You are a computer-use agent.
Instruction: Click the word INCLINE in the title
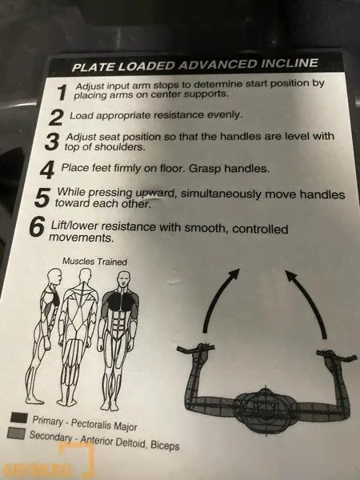click(289, 63)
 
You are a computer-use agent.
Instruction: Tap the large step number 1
click(62, 92)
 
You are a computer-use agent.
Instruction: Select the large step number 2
click(56, 118)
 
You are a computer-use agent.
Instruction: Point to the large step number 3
click(51, 142)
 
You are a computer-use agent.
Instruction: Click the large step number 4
click(47, 170)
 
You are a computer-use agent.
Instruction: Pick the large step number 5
click(42, 198)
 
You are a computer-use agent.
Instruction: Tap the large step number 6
click(37, 227)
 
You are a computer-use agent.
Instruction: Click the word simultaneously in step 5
click(221, 194)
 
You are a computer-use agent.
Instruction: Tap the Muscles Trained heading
click(94, 262)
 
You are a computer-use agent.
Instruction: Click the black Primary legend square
click(19, 418)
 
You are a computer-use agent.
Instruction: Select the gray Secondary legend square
click(16, 433)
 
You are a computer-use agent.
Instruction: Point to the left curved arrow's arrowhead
click(234, 274)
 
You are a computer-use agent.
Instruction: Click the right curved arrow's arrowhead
click(291, 274)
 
